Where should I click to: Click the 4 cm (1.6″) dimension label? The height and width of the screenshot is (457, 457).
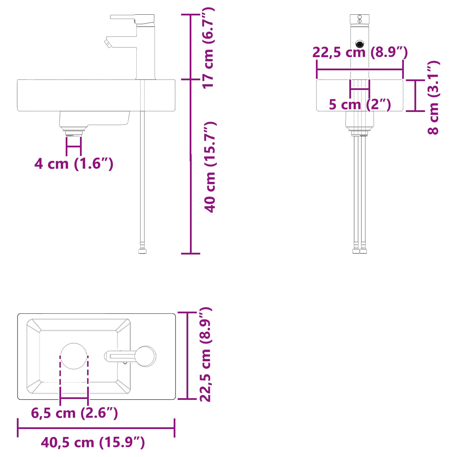point(74,164)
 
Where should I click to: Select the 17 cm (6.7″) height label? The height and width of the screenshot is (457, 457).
point(208,48)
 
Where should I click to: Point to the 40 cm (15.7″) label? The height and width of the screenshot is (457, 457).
point(210,167)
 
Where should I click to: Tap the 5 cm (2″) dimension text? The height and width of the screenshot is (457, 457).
point(360,104)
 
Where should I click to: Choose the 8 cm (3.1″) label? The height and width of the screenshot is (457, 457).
point(433,97)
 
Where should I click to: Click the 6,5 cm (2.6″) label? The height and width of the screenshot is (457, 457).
point(74,413)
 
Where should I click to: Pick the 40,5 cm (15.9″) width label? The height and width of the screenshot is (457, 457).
point(93,442)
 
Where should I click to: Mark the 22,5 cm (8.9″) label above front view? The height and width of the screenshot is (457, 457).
point(360,52)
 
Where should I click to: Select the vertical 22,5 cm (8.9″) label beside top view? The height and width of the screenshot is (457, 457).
point(205,354)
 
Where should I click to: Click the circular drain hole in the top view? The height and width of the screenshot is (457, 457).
point(74,356)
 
